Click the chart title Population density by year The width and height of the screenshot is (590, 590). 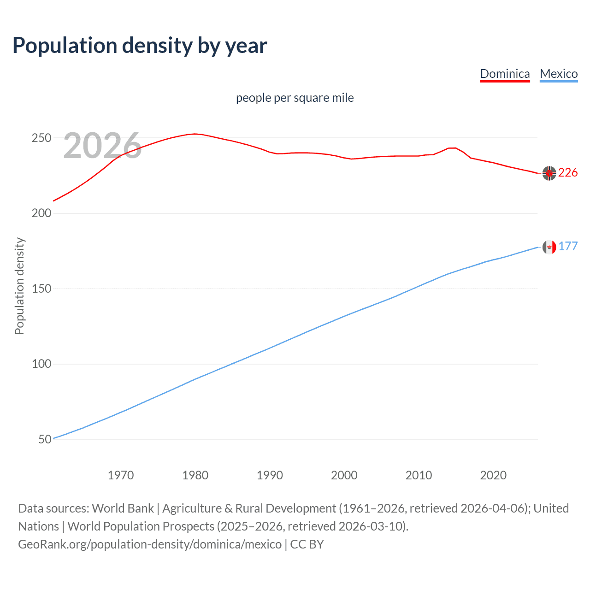[x=140, y=46]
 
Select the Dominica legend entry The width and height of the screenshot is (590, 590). [x=505, y=74]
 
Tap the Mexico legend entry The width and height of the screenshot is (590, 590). [x=559, y=74]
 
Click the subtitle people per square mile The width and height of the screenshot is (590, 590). [x=295, y=98]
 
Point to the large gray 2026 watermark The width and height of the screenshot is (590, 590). [x=102, y=146]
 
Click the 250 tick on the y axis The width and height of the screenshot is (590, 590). [x=41, y=138]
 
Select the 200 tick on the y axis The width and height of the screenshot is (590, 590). [x=41, y=213]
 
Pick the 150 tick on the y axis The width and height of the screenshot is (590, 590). [x=41, y=289]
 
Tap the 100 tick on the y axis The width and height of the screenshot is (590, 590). [x=41, y=364]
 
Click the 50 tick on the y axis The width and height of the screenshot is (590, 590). [x=45, y=439]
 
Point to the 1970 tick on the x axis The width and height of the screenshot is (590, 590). [x=121, y=475]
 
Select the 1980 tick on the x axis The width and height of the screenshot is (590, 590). [x=195, y=475]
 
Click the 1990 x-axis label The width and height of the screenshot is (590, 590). [x=270, y=475]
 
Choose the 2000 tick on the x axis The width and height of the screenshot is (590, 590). [x=344, y=475]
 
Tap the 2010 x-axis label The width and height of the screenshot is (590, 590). [x=419, y=475]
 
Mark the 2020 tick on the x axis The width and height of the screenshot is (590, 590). [x=493, y=475]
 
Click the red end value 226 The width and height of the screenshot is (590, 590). [x=568, y=173]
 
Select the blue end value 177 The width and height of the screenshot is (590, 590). [x=568, y=247]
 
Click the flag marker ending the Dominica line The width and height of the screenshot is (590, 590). [x=549, y=173]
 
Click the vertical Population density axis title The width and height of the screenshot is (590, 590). [x=19, y=286]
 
